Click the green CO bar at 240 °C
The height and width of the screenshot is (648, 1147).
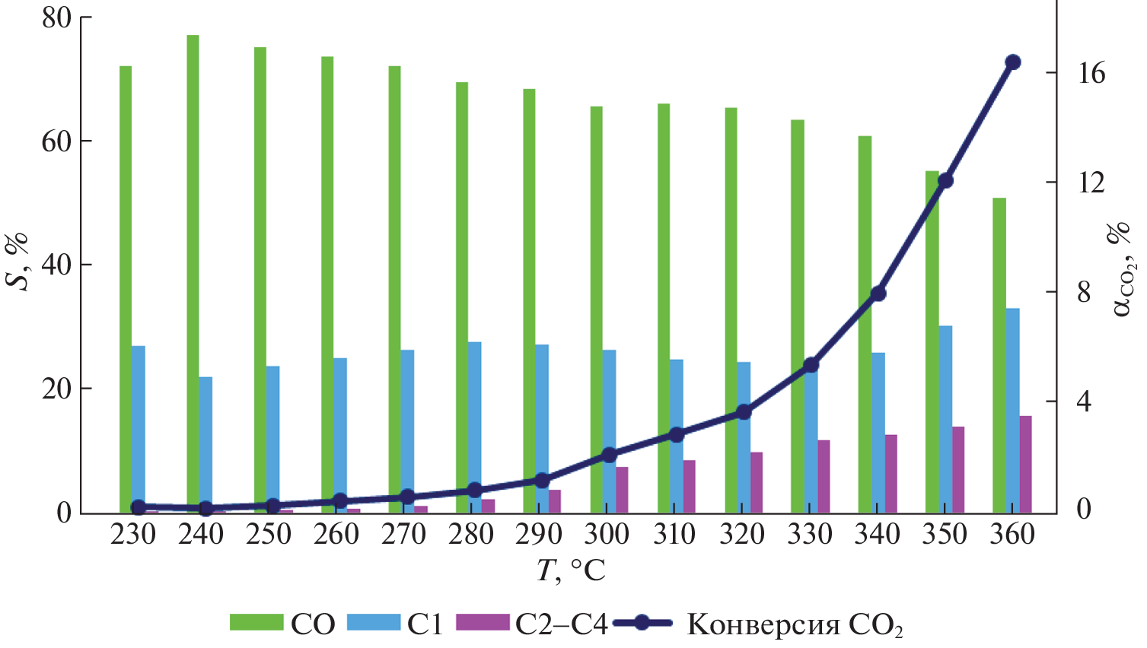tap(193, 274)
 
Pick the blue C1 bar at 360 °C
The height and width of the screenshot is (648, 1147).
tap(1013, 410)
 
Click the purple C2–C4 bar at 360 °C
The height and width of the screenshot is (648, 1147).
tap(1026, 464)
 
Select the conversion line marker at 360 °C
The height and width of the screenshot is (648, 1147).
tap(1013, 62)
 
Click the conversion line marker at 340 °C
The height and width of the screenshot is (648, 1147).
tap(878, 294)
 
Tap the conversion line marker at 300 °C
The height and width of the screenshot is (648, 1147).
tap(609, 456)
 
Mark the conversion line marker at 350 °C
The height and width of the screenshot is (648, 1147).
tap(946, 180)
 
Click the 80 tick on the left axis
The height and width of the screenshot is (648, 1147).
tap(58, 17)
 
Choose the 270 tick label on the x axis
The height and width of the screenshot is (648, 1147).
tap(403, 534)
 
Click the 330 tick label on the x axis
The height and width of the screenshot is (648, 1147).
tap(810, 534)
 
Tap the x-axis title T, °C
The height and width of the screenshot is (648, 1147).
tap(571, 570)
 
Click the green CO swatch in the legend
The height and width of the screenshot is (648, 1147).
tap(256, 623)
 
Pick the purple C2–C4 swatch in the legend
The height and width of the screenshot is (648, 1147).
tap(483, 623)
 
